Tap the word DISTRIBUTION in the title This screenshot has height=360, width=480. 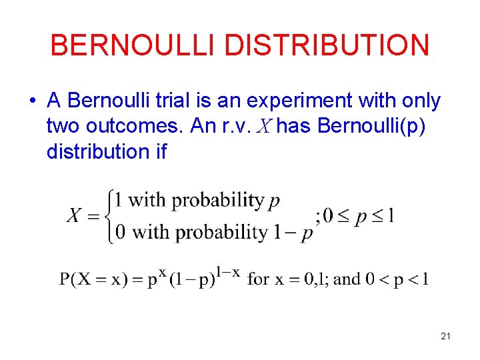(327, 45)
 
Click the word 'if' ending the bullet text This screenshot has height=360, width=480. (160, 151)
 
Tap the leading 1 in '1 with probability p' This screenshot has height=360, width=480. (118, 200)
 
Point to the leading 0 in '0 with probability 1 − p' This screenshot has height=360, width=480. (121, 232)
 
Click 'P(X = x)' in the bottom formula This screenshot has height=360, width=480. (95, 279)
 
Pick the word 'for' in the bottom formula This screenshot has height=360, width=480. (259, 279)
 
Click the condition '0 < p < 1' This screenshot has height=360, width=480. (397, 279)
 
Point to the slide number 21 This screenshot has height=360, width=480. (445, 337)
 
